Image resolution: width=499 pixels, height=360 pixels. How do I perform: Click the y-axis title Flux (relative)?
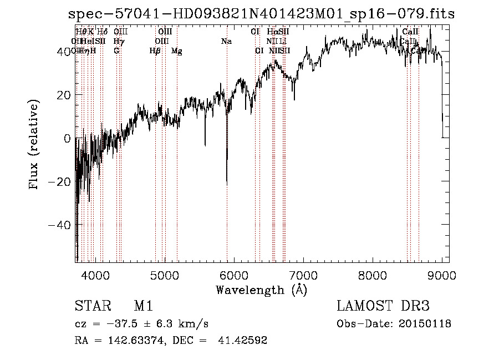(x=34, y=145)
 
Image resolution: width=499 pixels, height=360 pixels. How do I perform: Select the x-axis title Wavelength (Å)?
(x=261, y=290)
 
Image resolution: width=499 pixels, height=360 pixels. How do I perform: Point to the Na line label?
(x=226, y=42)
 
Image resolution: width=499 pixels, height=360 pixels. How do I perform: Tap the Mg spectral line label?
(x=177, y=51)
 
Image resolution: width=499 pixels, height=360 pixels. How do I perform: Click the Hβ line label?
(x=155, y=51)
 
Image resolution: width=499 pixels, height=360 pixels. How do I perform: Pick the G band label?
(x=116, y=51)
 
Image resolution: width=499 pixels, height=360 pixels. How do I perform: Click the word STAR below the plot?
(x=92, y=306)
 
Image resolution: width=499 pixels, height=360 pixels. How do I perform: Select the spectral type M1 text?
(x=143, y=306)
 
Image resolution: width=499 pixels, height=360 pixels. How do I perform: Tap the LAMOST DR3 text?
(x=383, y=306)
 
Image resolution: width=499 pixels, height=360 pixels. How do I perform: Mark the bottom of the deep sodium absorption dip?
(x=227, y=184)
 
